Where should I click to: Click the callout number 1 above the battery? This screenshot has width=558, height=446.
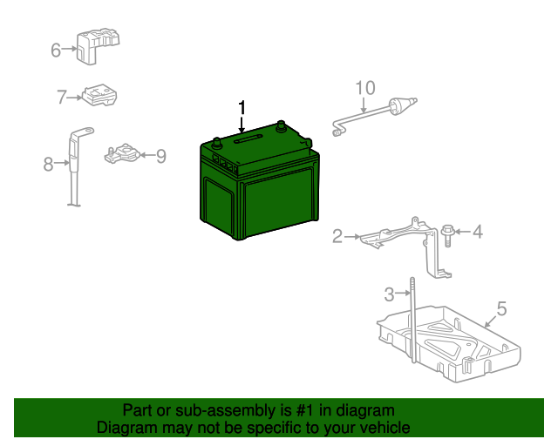[x=242, y=107]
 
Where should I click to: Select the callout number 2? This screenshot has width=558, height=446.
[x=337, y=235]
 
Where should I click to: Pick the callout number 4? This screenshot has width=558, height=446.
[x=477, y=232]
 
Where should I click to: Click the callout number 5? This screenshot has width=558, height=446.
[x=501, y=307]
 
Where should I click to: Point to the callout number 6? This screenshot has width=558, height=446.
[x=57, y=50]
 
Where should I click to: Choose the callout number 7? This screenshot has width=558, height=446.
[x=62, y=98]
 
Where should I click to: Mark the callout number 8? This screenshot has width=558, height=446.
[x=49, y=163]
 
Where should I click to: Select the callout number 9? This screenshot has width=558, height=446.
[x=160, y=156]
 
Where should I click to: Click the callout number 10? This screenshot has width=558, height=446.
[x=364, y=87]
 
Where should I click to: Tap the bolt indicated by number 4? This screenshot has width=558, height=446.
[x=448, y=233]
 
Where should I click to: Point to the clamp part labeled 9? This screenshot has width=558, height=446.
[x=123, y=154]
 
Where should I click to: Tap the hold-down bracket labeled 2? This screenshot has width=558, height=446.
[x=401, y=235]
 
